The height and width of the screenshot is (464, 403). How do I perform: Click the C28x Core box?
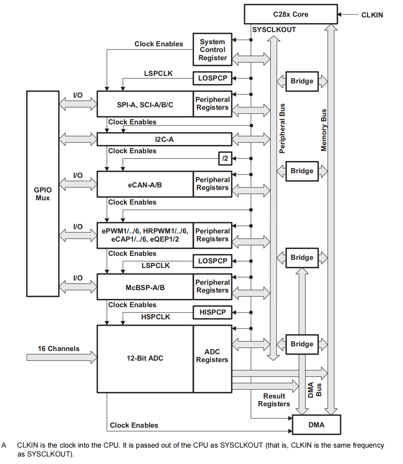pyautogui.click(x=291, y=14)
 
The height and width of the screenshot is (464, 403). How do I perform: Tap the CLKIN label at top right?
pyautogui.click(x=372, y=15)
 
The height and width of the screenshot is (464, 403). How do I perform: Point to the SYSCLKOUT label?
pyautogui.click(x=274, y=30)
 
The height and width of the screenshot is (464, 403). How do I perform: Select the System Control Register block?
pyautogui.click(x=212, y=50)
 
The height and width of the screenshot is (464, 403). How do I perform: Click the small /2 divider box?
pyautogui.click(x=225, y=158)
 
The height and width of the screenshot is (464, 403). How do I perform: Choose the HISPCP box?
pyautogui.click(x=212, y=312)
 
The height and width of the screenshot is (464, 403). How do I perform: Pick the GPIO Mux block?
pyautogui.click(x=43, y=194)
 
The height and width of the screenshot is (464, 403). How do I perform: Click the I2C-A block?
pyautogui.click(x=164, y=139)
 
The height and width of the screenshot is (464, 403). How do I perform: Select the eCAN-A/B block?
pyautogui.click(x=145, y=185)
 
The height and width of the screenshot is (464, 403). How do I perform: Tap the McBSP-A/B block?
pyautogui.click(x=145, y=287)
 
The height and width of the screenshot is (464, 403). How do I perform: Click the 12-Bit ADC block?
pyautogui.click(x=145, y=358)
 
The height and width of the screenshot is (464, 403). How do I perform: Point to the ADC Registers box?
pyautogui.click(x=212, y=356)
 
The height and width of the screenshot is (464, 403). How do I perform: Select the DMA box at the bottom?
pyautogui.click(x=316, y=425)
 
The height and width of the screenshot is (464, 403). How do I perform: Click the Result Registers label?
pyautogui.click(x=274, y=400)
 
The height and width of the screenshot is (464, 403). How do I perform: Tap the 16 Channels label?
pyautogui.click(x=59, y=349)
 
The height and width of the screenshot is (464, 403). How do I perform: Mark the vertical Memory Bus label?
pyautogui.click(x=324, y=130)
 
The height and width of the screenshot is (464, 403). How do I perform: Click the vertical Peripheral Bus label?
pyautogui.click(x=282, y=128)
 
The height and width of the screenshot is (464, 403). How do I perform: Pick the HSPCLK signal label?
pyautogui.click(x=155, y=317)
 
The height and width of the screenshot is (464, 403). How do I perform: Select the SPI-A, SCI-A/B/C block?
pyautogui.click(x=145, y=104)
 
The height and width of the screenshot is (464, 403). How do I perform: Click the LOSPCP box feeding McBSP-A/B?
pyautogui.click(x=212, y=261)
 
